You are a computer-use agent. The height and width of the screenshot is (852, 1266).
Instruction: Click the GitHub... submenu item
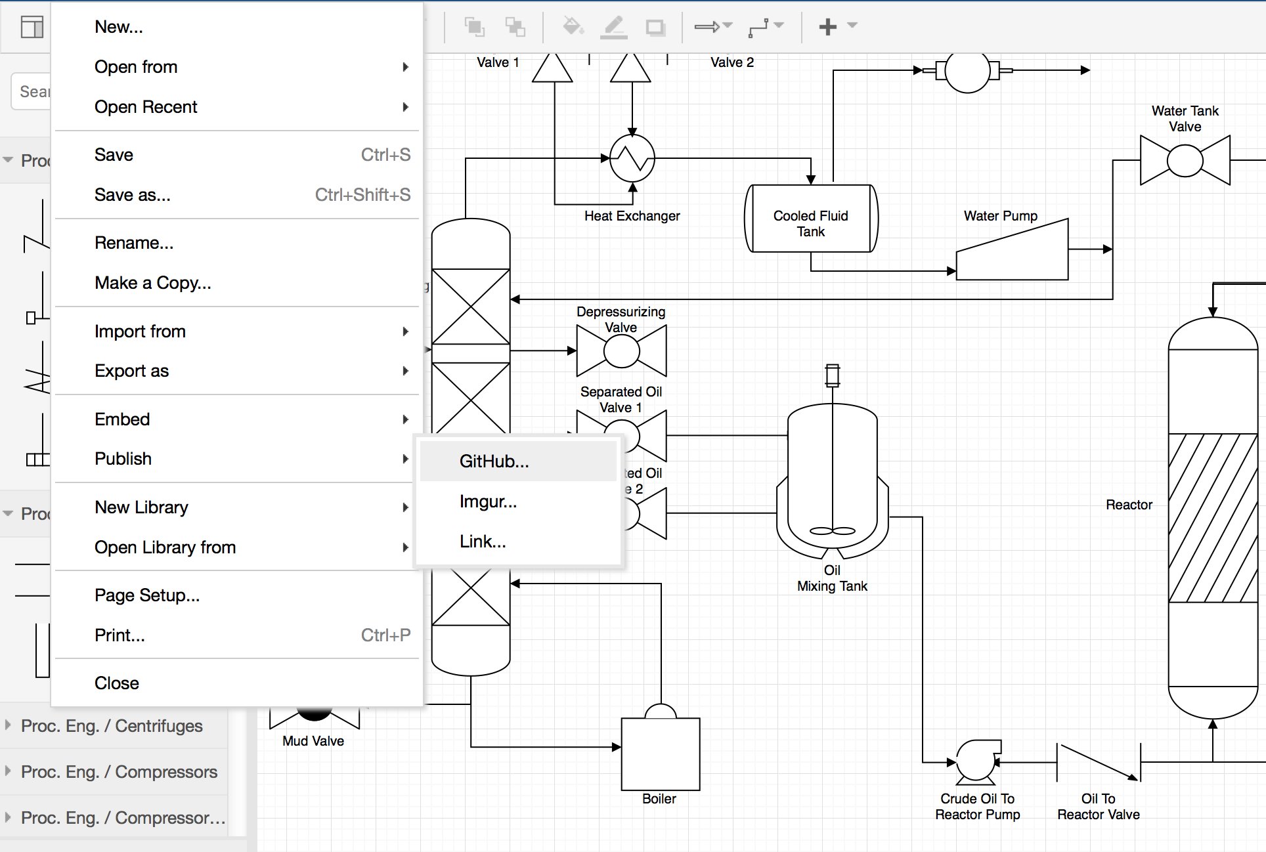[x=494, y=461]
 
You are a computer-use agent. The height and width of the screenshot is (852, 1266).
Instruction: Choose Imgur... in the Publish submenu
[x=488, y=501]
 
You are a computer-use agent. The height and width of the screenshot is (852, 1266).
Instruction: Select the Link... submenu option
[x=483, y=542]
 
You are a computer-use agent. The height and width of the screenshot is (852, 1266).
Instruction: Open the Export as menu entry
[x=131, y=371]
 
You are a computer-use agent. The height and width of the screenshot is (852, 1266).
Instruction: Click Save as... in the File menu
[x=132, y=195]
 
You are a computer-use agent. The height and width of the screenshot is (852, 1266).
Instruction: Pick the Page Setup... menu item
[x=147, y=595]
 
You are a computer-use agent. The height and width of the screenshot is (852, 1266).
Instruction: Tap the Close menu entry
[x=117, y=683]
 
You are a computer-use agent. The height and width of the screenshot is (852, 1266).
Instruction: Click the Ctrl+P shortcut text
[x=385, y=635]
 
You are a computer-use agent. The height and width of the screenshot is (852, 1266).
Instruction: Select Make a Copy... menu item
[x=153, y=283]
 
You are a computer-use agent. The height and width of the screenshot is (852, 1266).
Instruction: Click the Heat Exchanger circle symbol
[x=632, y=158]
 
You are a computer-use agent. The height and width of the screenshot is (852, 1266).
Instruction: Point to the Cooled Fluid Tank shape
[x=811, y=219]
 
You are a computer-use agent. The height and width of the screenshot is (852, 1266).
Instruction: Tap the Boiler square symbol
[x=661, y=754]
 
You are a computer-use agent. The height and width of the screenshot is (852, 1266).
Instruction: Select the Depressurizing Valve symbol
[x=621, y=351]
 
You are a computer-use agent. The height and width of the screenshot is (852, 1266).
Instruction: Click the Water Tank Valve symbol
[x=1185, y=160]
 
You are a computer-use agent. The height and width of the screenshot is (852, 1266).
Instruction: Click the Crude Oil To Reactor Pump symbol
[x=977, y=761]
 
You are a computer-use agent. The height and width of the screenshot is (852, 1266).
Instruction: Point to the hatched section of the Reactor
[x=1213, y=518]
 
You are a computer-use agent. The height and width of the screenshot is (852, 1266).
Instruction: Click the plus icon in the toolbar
[x=827, y=26]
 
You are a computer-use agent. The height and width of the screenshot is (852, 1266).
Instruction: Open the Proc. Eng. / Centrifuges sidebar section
[x=112, y=726]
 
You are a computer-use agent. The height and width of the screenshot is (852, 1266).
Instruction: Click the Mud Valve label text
[x=313, y=741]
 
